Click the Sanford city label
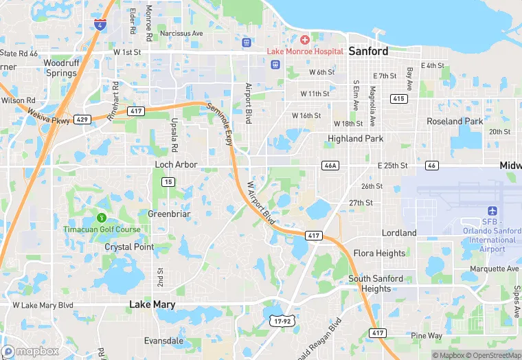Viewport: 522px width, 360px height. click(x=368, y=51)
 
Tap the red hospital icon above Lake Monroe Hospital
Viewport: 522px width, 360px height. click(x=304, y=40)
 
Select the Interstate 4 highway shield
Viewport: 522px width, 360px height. click(x=100, y=25)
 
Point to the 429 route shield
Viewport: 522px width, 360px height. click(x=81, y=119)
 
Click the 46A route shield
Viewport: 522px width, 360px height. click(x=330, y=166)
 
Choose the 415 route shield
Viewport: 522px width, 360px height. click(x=398, y=99)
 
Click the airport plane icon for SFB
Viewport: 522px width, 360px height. click(x=492, y=211)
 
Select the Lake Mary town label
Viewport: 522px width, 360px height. click(x=152, y=304)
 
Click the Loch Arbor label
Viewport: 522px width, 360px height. click(x=176, y=165)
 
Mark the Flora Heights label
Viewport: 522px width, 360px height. click(x=379, y=254)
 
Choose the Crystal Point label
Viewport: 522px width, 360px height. click(x=129, y=247)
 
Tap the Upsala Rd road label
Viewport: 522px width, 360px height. click(x=174, y=135)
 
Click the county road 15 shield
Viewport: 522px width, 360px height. click(x=168, y=182)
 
